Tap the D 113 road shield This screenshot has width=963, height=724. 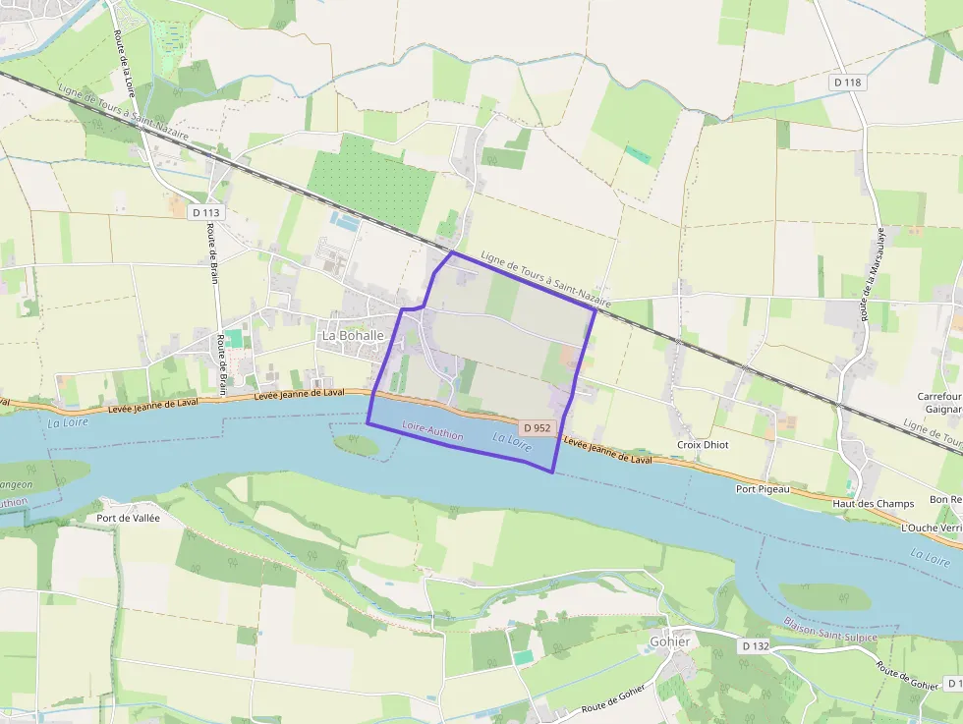[206, 212]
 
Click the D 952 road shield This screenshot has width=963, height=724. [538, 428]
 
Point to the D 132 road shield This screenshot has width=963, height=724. [755, 646]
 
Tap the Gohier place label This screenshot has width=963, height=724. [669, 641]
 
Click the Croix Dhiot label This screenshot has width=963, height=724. [703, 445]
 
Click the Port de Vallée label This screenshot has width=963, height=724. [128, 518]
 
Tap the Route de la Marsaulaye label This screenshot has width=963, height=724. [870, 274]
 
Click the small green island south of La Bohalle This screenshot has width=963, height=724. [356, 445]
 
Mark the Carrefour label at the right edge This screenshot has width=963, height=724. [938, 396]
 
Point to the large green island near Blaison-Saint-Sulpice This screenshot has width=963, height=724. [824, 596]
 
